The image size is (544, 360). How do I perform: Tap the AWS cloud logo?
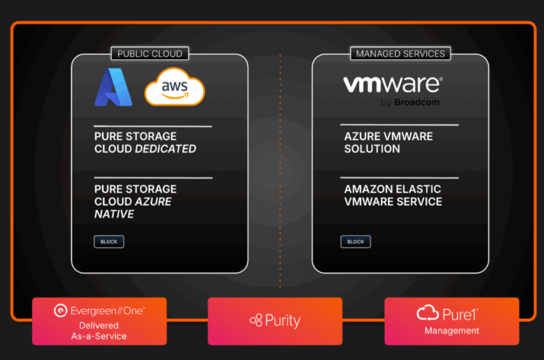pyautogui.click(x=174, y=87)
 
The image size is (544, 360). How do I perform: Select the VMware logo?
pyautogui.click(x=393, y=85)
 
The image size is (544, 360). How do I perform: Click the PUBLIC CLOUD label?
pyautogui.click(x=150, y=54)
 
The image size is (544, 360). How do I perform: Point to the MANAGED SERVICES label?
pyautogui.click(x=400, y=54)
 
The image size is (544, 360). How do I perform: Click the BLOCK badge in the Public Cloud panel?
pyautogui.click(x=109, y=242)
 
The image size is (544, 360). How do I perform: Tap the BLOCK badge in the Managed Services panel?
pyautogui.click(x=356, y=242)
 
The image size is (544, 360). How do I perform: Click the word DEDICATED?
pyautogui.click(x=165, y=149)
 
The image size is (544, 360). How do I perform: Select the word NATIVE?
pyautogui.click(x=114, y=214)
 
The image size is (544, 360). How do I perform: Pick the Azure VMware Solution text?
pyautogui.click(x=388, y=142)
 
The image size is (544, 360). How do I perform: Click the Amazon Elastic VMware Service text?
pyautogui.click(x=393, y=195)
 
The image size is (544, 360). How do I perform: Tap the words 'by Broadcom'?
pyautogui.click(x=410, y=103)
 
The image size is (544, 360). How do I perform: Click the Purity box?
pyautogui.click(x=275, y=321)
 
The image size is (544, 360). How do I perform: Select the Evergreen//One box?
pyautogui.click(x=99, y=321)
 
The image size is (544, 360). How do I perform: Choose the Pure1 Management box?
pyautogui.click(x=451, y=321)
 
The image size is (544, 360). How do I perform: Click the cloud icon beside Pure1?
pyautogui.click(x=428, y=313)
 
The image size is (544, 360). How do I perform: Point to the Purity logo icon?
pyautogui.click(x=256, y=321)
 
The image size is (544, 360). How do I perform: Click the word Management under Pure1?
pyautogui.click(x=452, y=331)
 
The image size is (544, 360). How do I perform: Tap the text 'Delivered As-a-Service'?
pyautogui.click(x=99, y=331)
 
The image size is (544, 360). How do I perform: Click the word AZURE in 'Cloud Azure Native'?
pyautogui.click(x=153, y=202)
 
